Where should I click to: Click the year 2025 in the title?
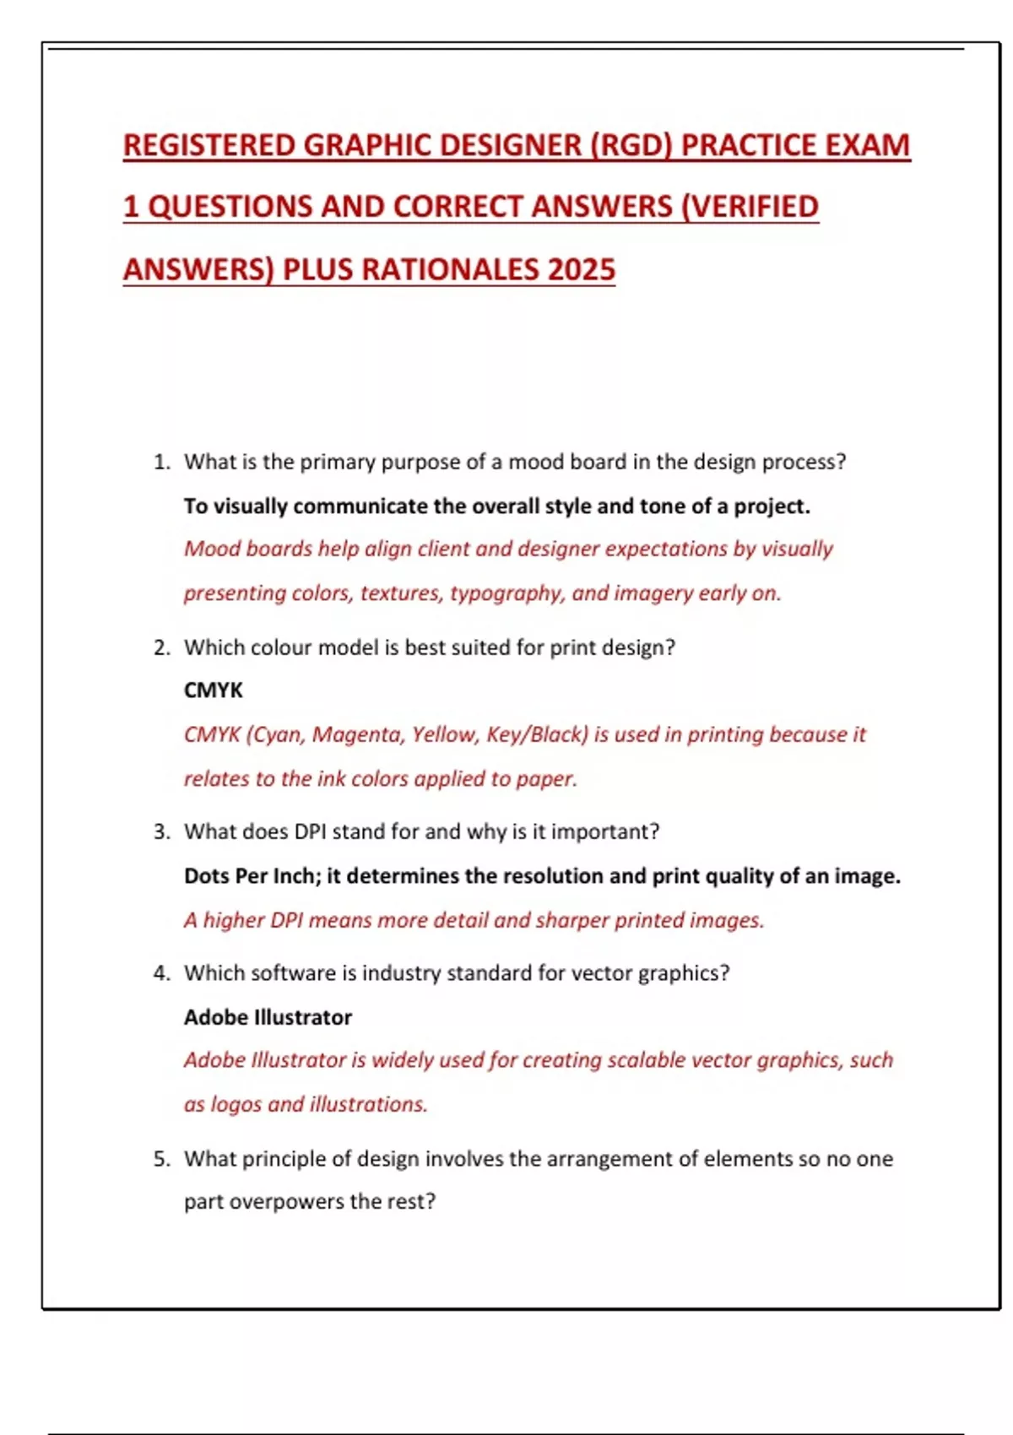click(582, 270)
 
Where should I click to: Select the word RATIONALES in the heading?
click(450, 270)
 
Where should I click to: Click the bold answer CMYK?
click(214, 690)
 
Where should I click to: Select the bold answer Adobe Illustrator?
click(268, 1017)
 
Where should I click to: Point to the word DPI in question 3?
click(311, 831)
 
